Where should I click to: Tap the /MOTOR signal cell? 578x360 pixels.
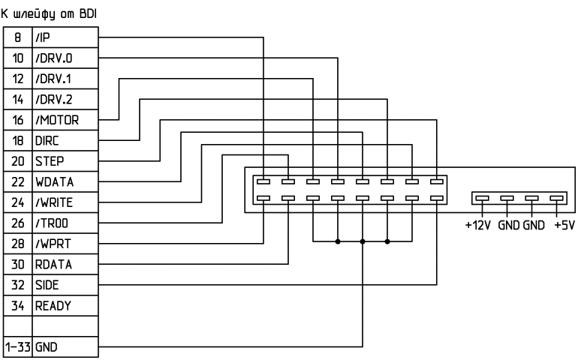[56, 118]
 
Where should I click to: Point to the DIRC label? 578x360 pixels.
[46, 139]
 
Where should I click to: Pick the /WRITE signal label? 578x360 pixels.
[54, 202]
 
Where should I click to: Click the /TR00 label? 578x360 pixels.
[51, 223]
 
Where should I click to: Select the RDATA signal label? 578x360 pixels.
[52, 264]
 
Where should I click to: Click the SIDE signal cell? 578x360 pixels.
[46, 285]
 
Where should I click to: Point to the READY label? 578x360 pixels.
[52, 306]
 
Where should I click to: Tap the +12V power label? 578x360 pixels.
[478, 225]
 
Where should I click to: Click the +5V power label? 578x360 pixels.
[563, 225]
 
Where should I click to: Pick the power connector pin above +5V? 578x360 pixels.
[556, 199]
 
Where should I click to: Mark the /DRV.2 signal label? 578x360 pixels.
[53, 98]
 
